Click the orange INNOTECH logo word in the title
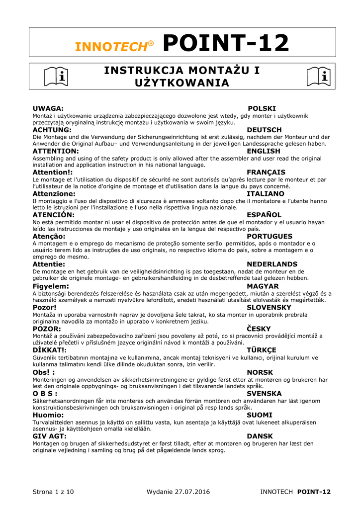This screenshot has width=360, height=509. pyautogui.click(x=111, y=46)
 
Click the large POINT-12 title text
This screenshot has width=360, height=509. pyautogui.click(x=226, y=43)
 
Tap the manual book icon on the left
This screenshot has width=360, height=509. pyautogui.click(x=56, y=77)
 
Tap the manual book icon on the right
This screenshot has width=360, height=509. pyautogui.click(x=318, y=77)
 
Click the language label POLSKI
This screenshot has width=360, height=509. pyautogui.click(x=262, y=108)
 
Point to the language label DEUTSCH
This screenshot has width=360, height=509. pyautogui.click(x=264, y=130)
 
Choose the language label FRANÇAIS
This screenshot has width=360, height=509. pyautogui.click(x=266, y=172)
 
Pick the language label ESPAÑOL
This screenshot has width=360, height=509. pyautogui.click(x=264, y=215)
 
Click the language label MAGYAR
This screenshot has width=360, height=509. pyautogui.click(x=263, y=286)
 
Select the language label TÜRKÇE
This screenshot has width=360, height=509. pyautogui.click(x=262, y=350)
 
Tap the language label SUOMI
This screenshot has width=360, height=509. pyautogui.click(x=260, y=415)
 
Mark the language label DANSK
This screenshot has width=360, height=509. pyautogui.click(x=260, y=436)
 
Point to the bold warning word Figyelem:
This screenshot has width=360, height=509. pyautogui.click(x=51, y=286)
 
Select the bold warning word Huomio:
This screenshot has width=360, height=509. pyautogui.click(x=48, y=415)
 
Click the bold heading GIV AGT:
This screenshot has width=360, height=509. pyautogui.click(x=49, y=436)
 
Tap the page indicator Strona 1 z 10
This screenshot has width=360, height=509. pyautogui.click(x=53, y=492)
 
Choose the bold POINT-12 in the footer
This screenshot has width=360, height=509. pyautogui.click(x=314, y=492)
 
